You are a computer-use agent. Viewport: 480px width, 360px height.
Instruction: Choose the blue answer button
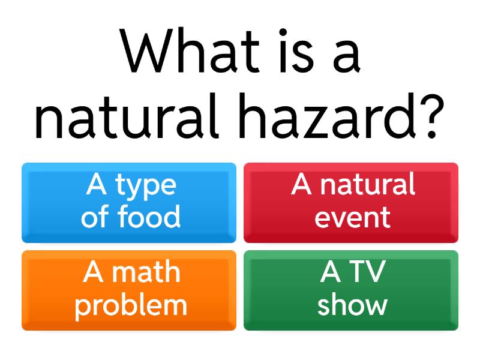(x=129, y=202)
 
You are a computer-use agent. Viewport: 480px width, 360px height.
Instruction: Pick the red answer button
(x=351, y=202)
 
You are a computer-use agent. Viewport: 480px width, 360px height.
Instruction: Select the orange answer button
(x=129, y=290)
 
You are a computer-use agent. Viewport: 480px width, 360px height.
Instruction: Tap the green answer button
(x=351, y=290)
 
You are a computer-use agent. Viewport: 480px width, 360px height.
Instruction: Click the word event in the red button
(x=353, y=217)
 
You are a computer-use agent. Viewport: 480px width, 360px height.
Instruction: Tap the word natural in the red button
(x=367, y=185)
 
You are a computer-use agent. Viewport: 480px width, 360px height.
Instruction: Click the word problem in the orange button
(x=131, y=305)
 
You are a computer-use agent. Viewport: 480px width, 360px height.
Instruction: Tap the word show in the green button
(x=352, y=305)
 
